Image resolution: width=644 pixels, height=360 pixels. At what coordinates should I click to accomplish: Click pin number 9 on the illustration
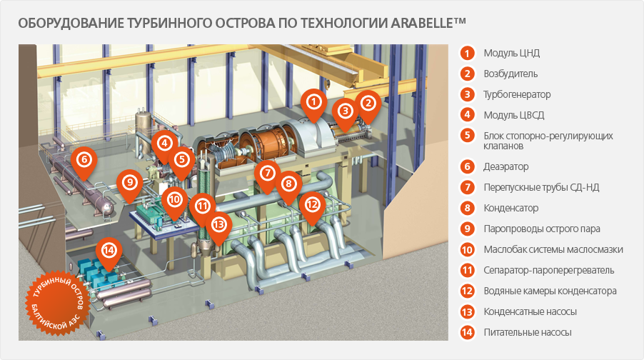pos(130,183)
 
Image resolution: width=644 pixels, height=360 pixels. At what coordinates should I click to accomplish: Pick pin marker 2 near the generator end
pos(368,104)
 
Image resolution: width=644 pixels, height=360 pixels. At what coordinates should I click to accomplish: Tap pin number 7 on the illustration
pos(267,174)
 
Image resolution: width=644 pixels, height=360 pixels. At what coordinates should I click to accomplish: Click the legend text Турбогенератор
pos(517,94)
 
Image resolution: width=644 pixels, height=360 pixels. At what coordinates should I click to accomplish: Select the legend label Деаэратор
pos(506,166)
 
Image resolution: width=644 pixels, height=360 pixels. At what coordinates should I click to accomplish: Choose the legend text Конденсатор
pos(511,208)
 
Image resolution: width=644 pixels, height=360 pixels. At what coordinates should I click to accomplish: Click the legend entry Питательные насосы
pos(528,332)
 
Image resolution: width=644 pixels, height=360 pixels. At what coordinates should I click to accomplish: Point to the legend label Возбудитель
pos(510,74)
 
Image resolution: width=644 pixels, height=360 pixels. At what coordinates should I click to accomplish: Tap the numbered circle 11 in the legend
pos(467,271)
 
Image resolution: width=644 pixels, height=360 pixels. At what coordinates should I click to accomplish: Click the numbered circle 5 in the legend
pos(467,136)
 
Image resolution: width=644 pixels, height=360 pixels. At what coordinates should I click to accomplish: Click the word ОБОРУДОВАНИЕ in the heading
pos(71,23)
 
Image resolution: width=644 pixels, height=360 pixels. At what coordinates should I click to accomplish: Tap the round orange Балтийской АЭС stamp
pos(58,302)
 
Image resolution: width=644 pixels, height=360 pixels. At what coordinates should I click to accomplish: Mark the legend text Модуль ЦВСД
pos(514,115)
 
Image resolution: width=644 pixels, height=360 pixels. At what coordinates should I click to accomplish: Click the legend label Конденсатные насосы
pos(530,311)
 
